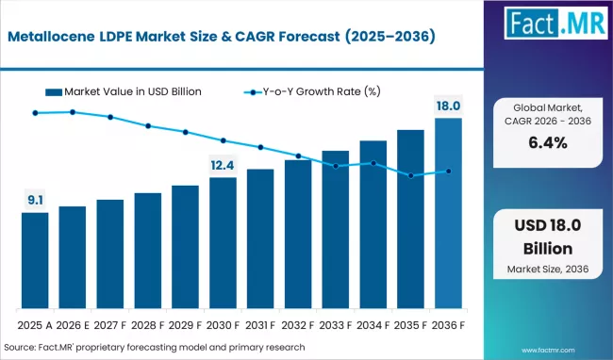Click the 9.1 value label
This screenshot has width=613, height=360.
35,199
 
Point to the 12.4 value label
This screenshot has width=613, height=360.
223,165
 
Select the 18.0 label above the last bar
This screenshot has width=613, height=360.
448,105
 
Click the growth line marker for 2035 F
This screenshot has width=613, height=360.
410,175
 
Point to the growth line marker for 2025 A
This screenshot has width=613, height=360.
35,113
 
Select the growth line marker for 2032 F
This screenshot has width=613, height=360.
298,156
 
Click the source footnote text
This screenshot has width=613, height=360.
154,346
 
